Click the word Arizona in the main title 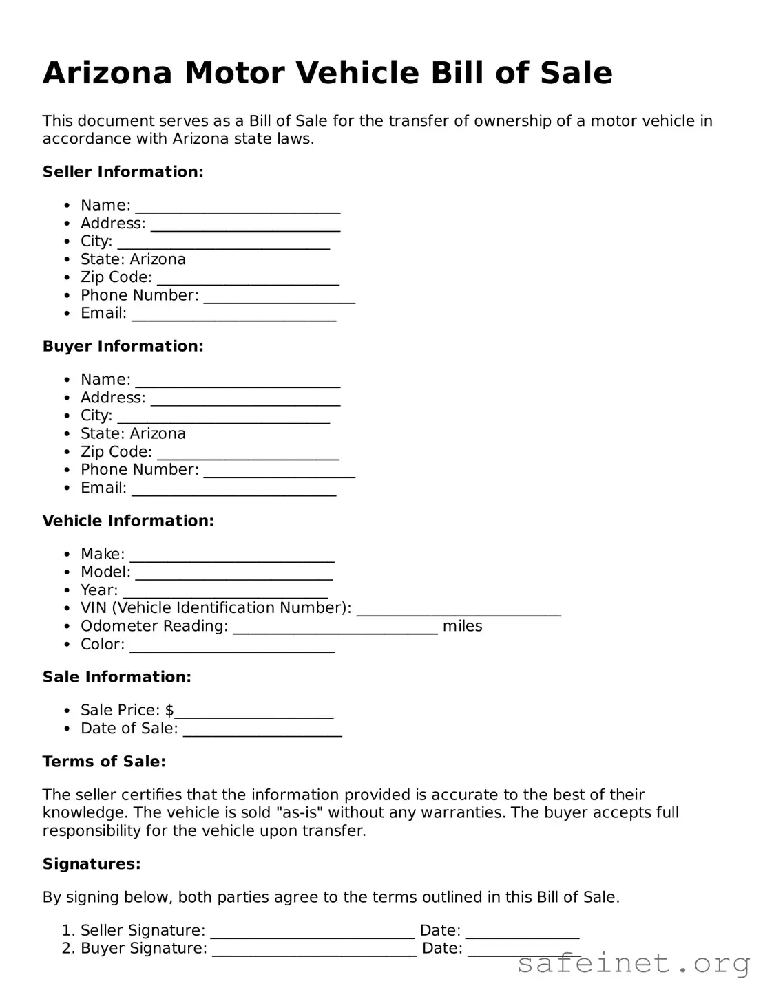coord(107,73)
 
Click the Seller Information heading coord(123,172)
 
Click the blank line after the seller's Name coord(238,207)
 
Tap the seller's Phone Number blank coord(279,297)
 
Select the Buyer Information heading coord(123,346)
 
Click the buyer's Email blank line coord(233,490)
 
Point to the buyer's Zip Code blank coord(248,454)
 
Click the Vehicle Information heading coord(128,521)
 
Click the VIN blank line coord(458,610)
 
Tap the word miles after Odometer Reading coord(462,626)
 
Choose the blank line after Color coord(232,647)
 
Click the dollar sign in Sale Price coord(169,710)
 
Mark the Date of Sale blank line coord(262,731)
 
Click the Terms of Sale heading coord(104,762)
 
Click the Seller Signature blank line coord(313,932)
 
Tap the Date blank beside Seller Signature coord(522,932)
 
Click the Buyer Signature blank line coord(314,950)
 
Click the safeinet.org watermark coord(633,964)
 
